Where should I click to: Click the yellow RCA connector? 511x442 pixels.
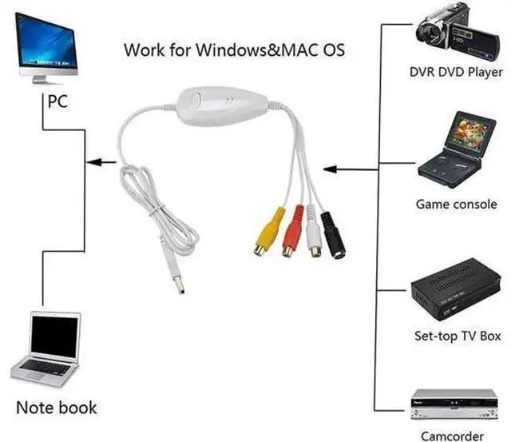tap(268, 232)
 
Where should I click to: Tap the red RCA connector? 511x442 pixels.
tap(293, 231)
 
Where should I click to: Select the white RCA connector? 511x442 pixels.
tap(314, 231)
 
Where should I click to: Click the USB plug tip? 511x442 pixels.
tap(179, 285)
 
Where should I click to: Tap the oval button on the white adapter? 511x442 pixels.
tap(196, 99)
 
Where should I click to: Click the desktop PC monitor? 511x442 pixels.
tap(46, 48)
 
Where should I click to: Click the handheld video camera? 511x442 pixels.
tap(458, 32)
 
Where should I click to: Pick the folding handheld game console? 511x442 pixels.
tap(456, 149)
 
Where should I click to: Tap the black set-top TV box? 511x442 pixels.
tap(456, 289)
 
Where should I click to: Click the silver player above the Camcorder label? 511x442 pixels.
tap(454, 404)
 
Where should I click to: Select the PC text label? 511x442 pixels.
tap(57, 102)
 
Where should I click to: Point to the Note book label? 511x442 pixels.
tap(57, 408)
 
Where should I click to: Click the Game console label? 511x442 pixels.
tap(456, 205)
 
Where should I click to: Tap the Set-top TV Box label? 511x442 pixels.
tap(458, 336)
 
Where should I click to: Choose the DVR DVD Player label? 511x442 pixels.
tap(456, 72)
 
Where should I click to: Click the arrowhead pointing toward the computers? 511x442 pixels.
tap(93, 162)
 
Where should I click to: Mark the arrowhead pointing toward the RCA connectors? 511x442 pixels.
tap(330, 169)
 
